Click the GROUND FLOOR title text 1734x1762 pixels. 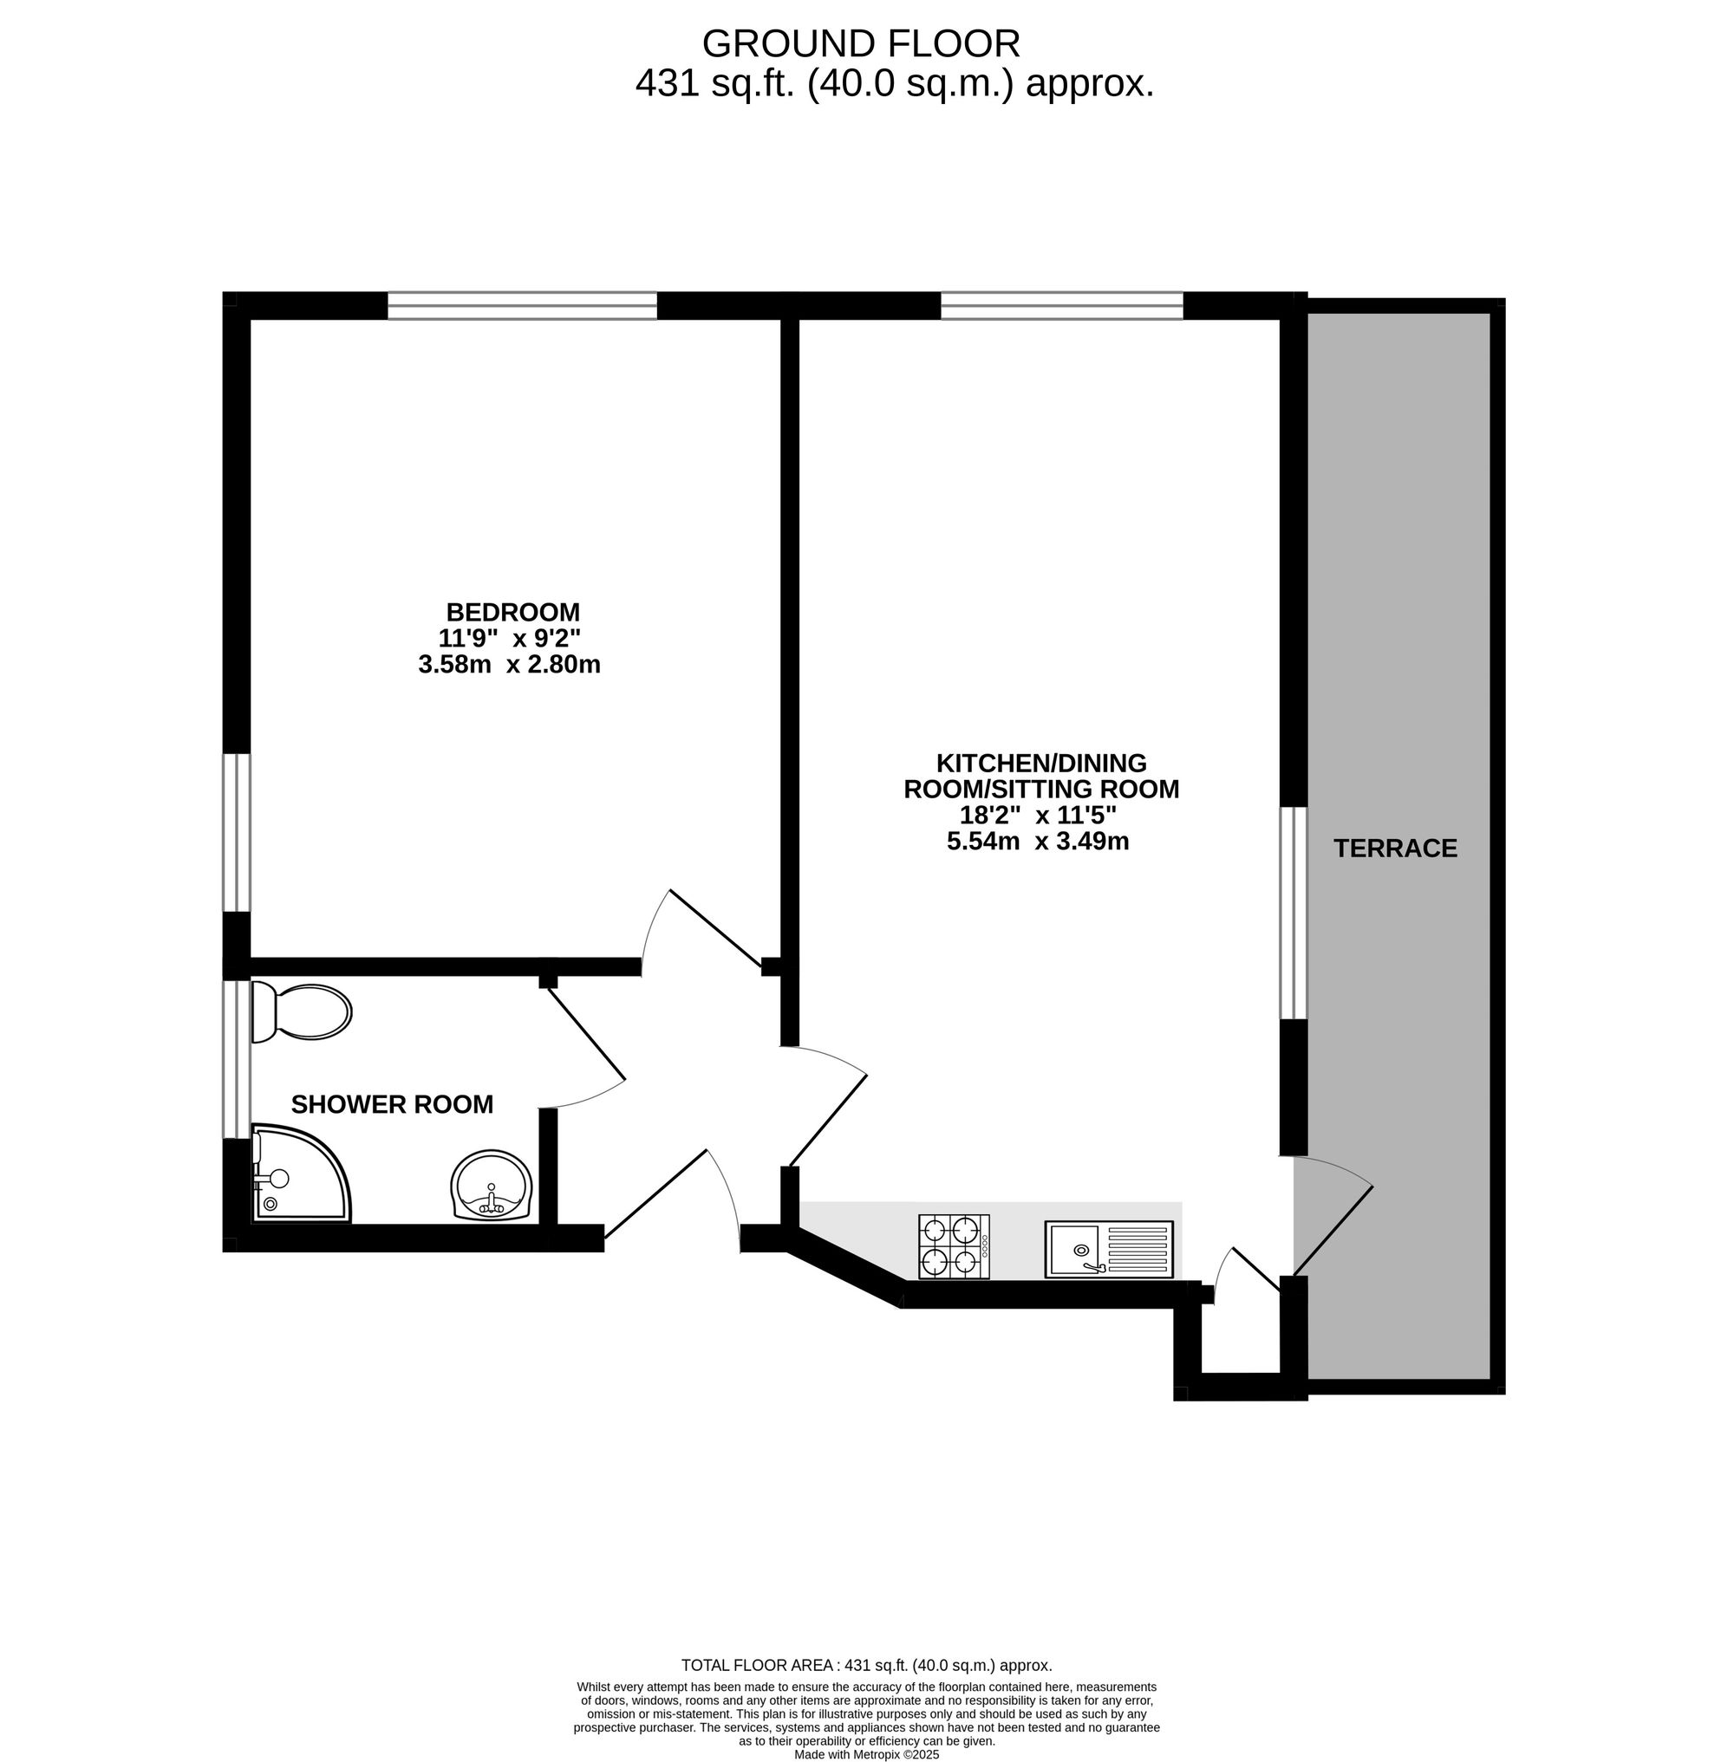861,42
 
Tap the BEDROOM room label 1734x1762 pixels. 512,611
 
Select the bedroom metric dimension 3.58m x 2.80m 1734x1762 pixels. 509,665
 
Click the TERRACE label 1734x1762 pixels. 1395,848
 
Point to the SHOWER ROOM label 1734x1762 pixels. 392,1104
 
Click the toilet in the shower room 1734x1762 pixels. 302,1011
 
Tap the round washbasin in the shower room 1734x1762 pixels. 492,1185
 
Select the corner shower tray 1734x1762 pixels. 301,1174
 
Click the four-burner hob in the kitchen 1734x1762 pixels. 954,1245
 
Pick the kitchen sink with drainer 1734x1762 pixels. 1109,1248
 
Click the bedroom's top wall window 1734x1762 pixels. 522,306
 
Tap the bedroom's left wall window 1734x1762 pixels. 237,832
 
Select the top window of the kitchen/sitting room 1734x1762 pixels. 1062,306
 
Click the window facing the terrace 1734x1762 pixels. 1294,914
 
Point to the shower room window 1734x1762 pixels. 237,1059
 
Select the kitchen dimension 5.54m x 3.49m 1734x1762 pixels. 1038,842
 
